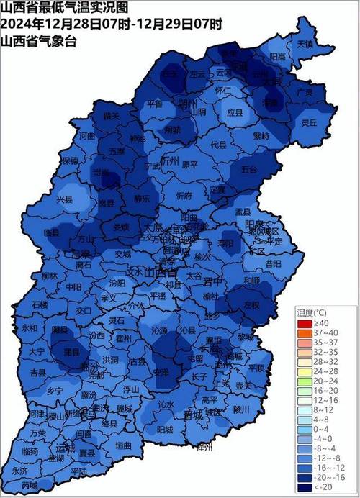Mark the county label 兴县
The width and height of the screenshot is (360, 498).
(x=64, y=197)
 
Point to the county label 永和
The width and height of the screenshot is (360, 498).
(x=30, y=327)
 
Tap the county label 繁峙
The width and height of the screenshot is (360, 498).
(x=261, y=135)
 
